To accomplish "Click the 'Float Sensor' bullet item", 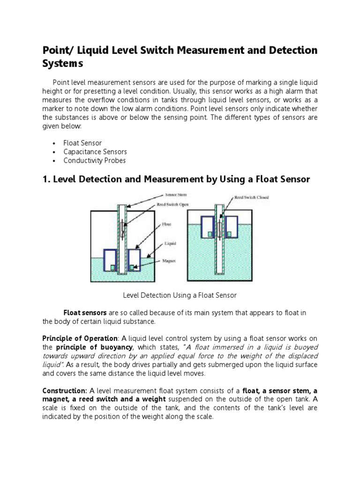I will coord(82,143).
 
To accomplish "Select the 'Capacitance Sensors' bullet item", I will coord(95,152).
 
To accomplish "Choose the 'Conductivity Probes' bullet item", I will coord(95,161).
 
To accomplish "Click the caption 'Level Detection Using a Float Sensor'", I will coord(180,295).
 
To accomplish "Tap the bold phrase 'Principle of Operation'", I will coord(80,338).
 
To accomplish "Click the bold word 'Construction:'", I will coord(65,390).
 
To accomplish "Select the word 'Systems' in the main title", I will coord(62,63).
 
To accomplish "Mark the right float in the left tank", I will coord(134,260).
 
